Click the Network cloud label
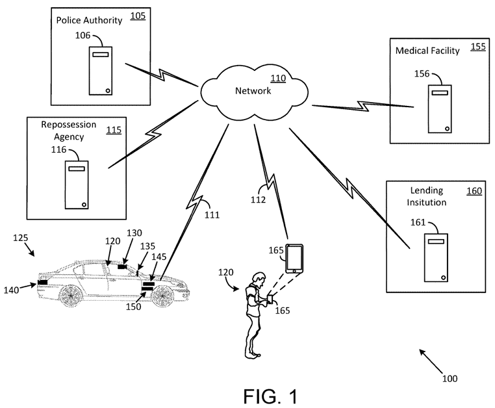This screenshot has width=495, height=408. pyautogui.click(x=253, y=91)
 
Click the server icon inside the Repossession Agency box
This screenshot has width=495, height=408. pyautogui.click(x=77, y=185)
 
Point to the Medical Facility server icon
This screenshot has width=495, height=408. pyautogui.click(x=438, y=108)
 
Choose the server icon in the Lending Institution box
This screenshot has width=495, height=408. pyautogui.click(x=435, y=259)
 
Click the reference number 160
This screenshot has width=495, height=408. pyautogui.click(x=474, y=191)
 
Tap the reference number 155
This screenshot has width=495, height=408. pyautogui.click(x=477, y=47)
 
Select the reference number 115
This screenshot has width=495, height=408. pyautogui.click(x=113, y=129)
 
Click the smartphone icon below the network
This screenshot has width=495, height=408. pyautogui.click(x=296, y=258)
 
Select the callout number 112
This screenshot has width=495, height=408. pyautogui.click(x=258, y=200)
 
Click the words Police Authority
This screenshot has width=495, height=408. pyautogui.click(x=89, y=20)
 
